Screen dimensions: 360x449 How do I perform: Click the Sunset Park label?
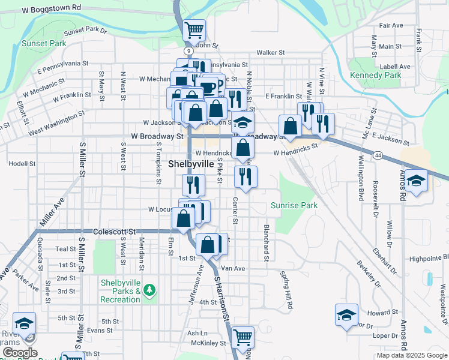(43, 43)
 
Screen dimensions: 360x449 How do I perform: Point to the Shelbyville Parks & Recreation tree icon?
(149, 291)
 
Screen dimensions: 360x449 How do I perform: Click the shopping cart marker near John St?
(194, 29)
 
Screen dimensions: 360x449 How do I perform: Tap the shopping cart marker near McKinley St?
(243, 337)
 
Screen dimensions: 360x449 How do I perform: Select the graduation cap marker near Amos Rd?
(416, 181)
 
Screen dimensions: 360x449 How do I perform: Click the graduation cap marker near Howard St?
(347, 315)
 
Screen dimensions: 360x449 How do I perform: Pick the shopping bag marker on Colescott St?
(184, 218)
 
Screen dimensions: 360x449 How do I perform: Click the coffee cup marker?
(208, 88)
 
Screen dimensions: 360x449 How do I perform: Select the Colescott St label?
(114, 231)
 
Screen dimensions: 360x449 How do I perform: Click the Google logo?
(20, 353)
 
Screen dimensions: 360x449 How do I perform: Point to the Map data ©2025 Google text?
(412, 355)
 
